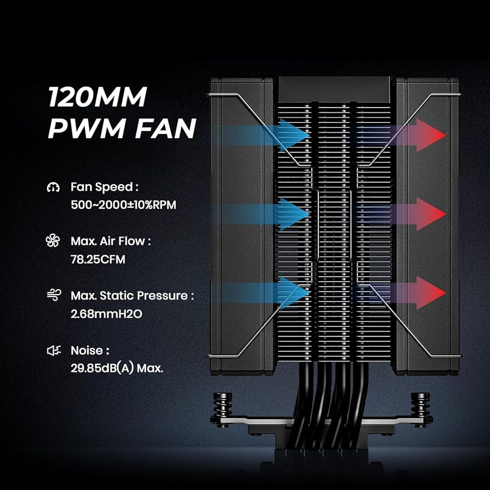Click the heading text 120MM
click(x=97, y=98)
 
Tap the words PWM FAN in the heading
click(x=122, y=128)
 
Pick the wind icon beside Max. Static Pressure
click(x=53, y=295)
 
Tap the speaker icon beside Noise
click(x=53, y=350)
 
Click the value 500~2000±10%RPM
click(x=123, y=204)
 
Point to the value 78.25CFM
click(x=98, y=259)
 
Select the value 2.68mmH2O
click(x=106, y=313)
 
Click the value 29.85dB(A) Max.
click(x=117, y=368)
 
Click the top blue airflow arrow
click(x=289, y=134)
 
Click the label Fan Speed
click(x=102, y=187)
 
